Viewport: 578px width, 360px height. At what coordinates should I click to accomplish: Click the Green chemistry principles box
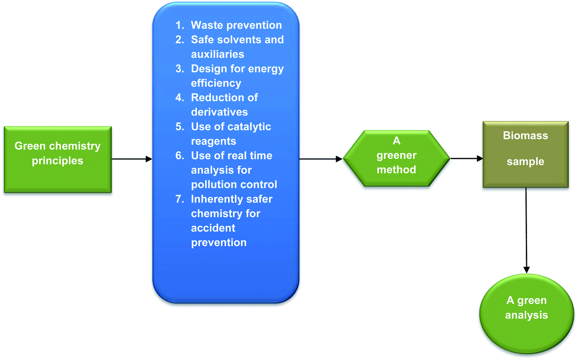58,159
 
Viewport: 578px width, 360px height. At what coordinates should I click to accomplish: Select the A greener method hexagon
396,158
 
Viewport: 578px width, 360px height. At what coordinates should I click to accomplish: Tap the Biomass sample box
526,154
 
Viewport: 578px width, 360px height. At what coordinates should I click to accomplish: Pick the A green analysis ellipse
526,314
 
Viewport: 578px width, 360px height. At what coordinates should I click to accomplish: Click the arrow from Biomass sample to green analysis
526,230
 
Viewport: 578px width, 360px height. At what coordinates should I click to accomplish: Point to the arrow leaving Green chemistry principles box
132,159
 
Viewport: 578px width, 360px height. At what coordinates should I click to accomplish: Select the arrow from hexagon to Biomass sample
467,158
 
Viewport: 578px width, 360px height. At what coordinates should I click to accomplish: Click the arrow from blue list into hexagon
321,159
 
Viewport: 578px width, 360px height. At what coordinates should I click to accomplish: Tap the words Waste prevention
236,25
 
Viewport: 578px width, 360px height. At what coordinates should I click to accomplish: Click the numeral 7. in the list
179,199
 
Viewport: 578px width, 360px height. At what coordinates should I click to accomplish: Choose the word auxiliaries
217,54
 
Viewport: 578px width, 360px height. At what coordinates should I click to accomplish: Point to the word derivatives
219,112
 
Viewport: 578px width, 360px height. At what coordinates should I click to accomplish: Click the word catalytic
249,127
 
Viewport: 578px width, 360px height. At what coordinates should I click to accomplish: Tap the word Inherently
216,199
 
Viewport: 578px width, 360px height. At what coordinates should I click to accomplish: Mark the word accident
213,228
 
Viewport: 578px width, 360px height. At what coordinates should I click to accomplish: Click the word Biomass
525,136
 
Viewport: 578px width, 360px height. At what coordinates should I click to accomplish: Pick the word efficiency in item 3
216,83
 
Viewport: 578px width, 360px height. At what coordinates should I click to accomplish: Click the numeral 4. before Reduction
179,98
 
